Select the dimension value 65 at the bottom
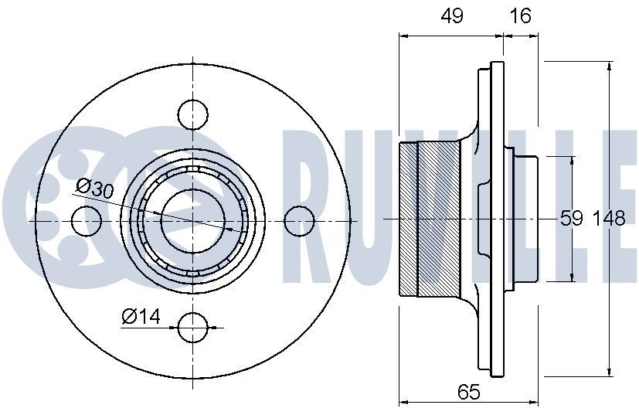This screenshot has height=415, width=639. point(468,392)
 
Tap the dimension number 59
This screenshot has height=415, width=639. point(571,219)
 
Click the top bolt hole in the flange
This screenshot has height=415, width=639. point(193,114)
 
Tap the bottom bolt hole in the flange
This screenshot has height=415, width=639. point(193,328)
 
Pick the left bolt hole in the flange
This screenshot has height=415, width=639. point(87,221)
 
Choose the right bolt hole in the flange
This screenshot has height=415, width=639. point(300,221)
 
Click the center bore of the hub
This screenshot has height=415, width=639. point(192,221)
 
